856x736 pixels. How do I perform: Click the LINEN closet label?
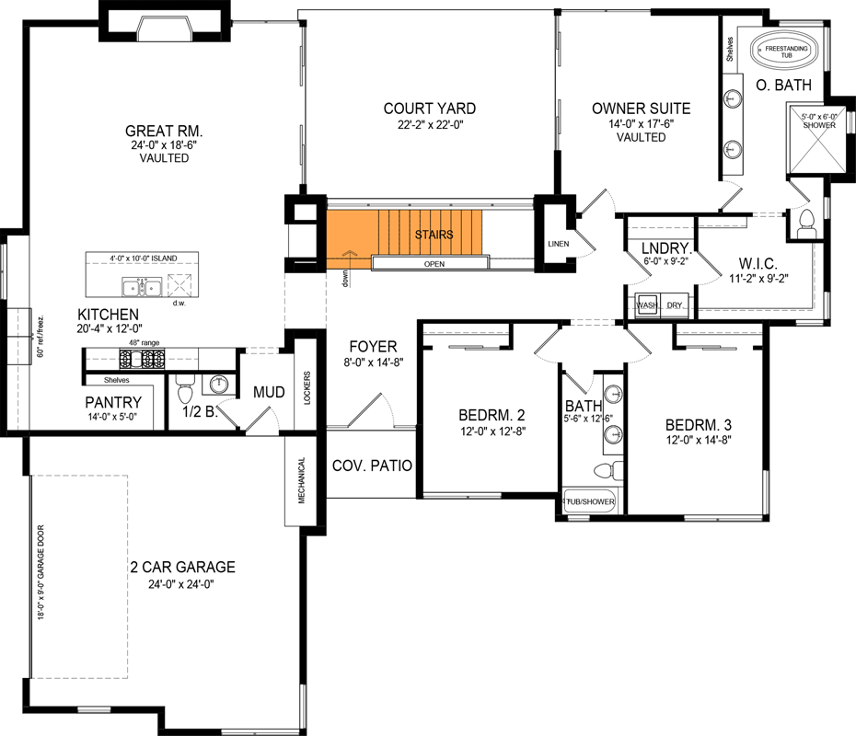click(558, 244)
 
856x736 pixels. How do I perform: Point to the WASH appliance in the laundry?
click(646, 305)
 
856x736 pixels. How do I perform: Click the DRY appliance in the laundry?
click(675, 305)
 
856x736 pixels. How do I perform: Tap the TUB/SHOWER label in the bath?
click(590, 502)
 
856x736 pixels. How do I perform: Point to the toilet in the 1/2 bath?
click(182, 381)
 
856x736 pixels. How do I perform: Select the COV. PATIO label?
click(372, 465)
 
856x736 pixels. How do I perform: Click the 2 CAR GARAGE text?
click(182, 567)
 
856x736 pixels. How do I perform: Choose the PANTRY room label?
click(113, 402)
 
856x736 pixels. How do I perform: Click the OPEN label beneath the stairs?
click(434, 263)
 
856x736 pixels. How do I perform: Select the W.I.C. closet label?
click(758, 260)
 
